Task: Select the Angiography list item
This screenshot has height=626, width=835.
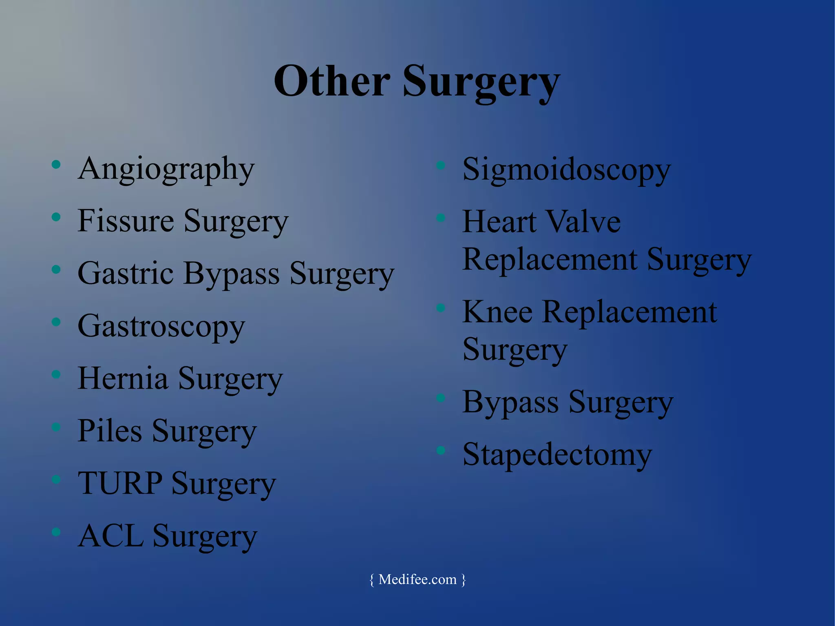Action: click(166, 169)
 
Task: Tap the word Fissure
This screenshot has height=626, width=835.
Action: click(126, 221)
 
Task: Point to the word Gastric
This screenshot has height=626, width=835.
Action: click(126, 273)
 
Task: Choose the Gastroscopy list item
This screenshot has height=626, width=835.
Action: click(161, 327)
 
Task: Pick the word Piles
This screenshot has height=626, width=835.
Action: click(110, 431)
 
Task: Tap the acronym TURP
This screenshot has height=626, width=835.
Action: click(120, 483)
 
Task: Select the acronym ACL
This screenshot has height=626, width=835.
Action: click(110, 536)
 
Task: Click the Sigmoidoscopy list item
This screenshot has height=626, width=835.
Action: click(566, 170)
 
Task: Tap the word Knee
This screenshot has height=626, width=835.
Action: click(497, 312)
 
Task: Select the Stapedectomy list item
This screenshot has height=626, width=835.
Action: click(557, 455)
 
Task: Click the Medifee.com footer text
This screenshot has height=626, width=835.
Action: click(417, 580)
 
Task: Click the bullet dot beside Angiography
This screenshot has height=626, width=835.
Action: click(56, 165)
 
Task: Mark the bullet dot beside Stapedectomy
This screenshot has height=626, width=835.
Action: click(441, 450)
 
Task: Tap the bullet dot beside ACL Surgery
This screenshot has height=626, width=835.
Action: click(56, 532)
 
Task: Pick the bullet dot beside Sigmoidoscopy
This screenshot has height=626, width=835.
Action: click(441, 165)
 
